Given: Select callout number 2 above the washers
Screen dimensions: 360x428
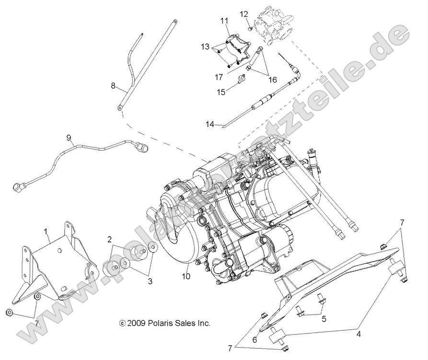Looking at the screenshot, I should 110,239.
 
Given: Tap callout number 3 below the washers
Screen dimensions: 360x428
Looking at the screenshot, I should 150,281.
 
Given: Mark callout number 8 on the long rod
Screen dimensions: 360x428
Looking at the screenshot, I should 113,86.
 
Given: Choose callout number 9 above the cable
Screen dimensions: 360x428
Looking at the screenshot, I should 69,138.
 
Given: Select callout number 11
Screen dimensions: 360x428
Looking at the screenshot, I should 224,20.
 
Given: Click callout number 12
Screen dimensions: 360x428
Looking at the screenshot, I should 244,13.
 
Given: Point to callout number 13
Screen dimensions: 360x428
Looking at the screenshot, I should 205,46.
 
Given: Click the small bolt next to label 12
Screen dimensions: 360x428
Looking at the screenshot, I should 251,28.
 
